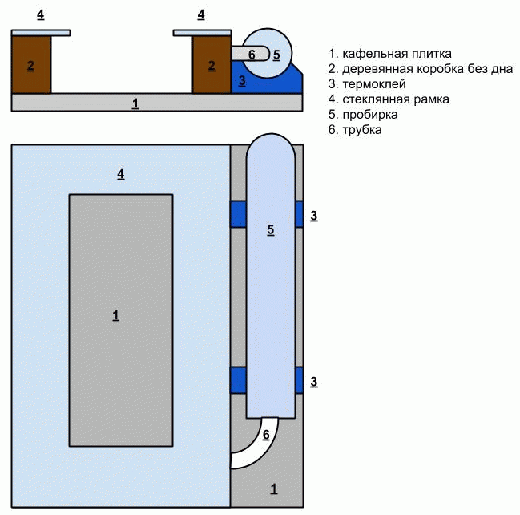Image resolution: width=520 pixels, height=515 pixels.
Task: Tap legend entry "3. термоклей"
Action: click(x=373, y=84)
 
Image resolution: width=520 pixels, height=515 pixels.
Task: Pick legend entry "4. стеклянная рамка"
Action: click(x=393, y=99)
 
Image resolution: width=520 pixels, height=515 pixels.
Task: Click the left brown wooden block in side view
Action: click(x=30, y=65)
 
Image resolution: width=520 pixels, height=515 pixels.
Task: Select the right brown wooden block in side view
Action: click(x=212, y=65)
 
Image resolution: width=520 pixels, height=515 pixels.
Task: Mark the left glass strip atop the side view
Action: click(x=40, y=33)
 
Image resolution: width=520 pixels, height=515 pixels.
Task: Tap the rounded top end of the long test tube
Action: click(x=270, y=152)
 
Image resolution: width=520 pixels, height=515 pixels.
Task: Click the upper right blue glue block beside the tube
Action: click(x=299, y=214)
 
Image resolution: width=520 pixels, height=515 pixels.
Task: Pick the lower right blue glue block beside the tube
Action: click(x=299, y=379)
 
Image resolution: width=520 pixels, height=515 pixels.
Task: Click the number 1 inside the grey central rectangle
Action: click(x=115, y=316)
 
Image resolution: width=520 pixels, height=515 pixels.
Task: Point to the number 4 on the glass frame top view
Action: click(x=121, y=174)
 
